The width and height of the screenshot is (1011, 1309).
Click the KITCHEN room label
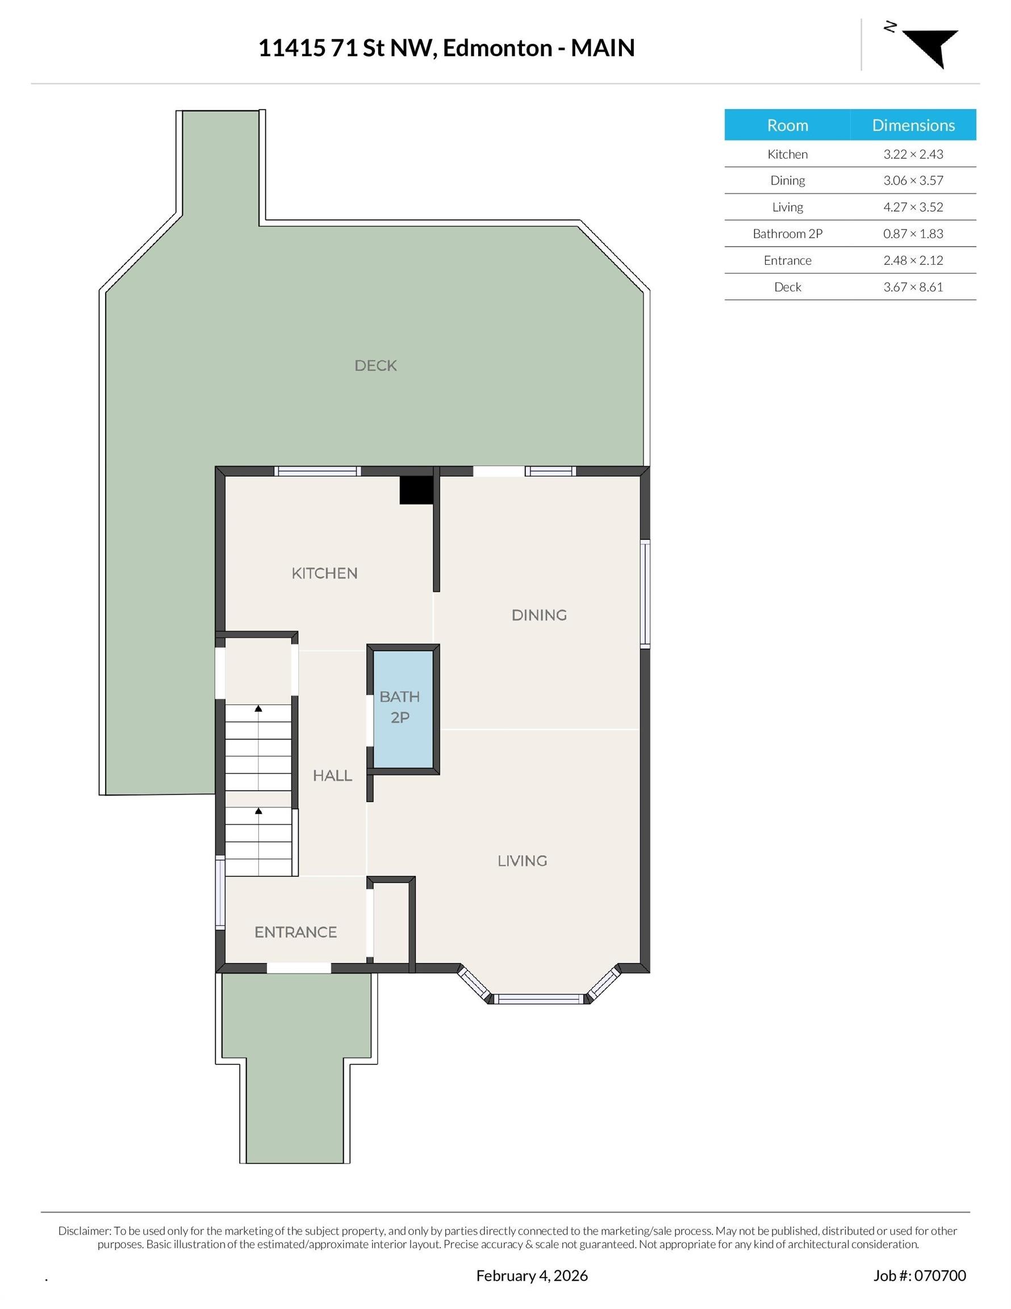coord(324,574)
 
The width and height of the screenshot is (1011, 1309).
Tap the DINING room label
coord(539,615)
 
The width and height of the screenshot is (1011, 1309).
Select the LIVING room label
coord(522,861)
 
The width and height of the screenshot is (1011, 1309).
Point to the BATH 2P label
coord(400,707)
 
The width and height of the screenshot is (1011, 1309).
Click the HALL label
coord(332,776)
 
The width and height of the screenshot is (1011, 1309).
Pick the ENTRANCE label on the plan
coord(295,932)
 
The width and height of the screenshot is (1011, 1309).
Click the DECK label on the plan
coord(376,366)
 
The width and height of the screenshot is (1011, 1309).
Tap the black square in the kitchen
coord(416,490)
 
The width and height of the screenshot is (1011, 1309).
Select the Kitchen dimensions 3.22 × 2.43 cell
coord(913,154)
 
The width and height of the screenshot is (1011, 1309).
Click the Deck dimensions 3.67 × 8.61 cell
coord(913,287)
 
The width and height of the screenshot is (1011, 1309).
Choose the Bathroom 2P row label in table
coord(787,234)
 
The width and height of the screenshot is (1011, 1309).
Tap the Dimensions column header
coord(913,125)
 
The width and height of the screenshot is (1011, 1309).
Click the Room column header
coord(787,125)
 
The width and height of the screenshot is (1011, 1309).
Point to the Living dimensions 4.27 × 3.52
coord(913,207)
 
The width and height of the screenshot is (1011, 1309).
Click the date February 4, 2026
coord(532,1275)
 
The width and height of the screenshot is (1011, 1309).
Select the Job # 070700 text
coord(920,1275)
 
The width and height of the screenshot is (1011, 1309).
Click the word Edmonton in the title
coord(498,48)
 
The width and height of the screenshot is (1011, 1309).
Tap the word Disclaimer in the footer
coord(84,1231)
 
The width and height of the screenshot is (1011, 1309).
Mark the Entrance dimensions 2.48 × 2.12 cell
coord(913,260)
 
